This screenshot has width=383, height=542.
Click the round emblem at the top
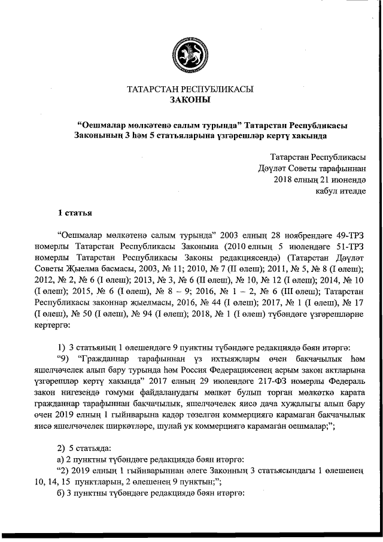click(190, 53)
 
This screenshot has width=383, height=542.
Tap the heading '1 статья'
click(74, 212)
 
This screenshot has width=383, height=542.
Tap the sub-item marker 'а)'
click(59, 459)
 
